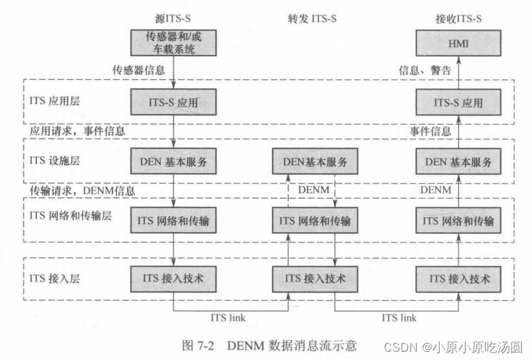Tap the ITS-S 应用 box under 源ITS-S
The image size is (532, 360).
coord(173,103)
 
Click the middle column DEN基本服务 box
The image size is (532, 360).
coord(315,163)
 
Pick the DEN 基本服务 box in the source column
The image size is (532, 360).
coord(173,163)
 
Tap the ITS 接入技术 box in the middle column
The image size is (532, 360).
coord(315,279)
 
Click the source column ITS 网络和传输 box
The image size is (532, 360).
coord(173,221)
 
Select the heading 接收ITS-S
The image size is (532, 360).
coord(458,18)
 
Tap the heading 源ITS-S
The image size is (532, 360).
coord(174,18)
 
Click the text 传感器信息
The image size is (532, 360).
coord(139,70)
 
